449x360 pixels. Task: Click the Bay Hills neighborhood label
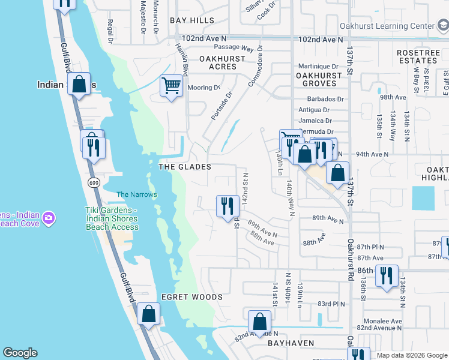(192, 20)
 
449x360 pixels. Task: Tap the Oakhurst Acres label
(222, 62)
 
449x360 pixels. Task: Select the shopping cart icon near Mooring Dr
(171, 85)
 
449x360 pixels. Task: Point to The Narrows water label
(136, 194)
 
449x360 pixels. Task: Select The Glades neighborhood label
(184, 167)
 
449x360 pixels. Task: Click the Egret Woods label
(192, 297)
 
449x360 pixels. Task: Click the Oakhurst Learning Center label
(386, 26)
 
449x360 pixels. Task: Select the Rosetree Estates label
(418, 57)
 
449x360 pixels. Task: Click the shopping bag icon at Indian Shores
(79, 84)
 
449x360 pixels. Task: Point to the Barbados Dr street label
(323, 99)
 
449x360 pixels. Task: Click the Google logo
(20, 353)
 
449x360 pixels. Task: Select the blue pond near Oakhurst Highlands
(423, 198)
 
